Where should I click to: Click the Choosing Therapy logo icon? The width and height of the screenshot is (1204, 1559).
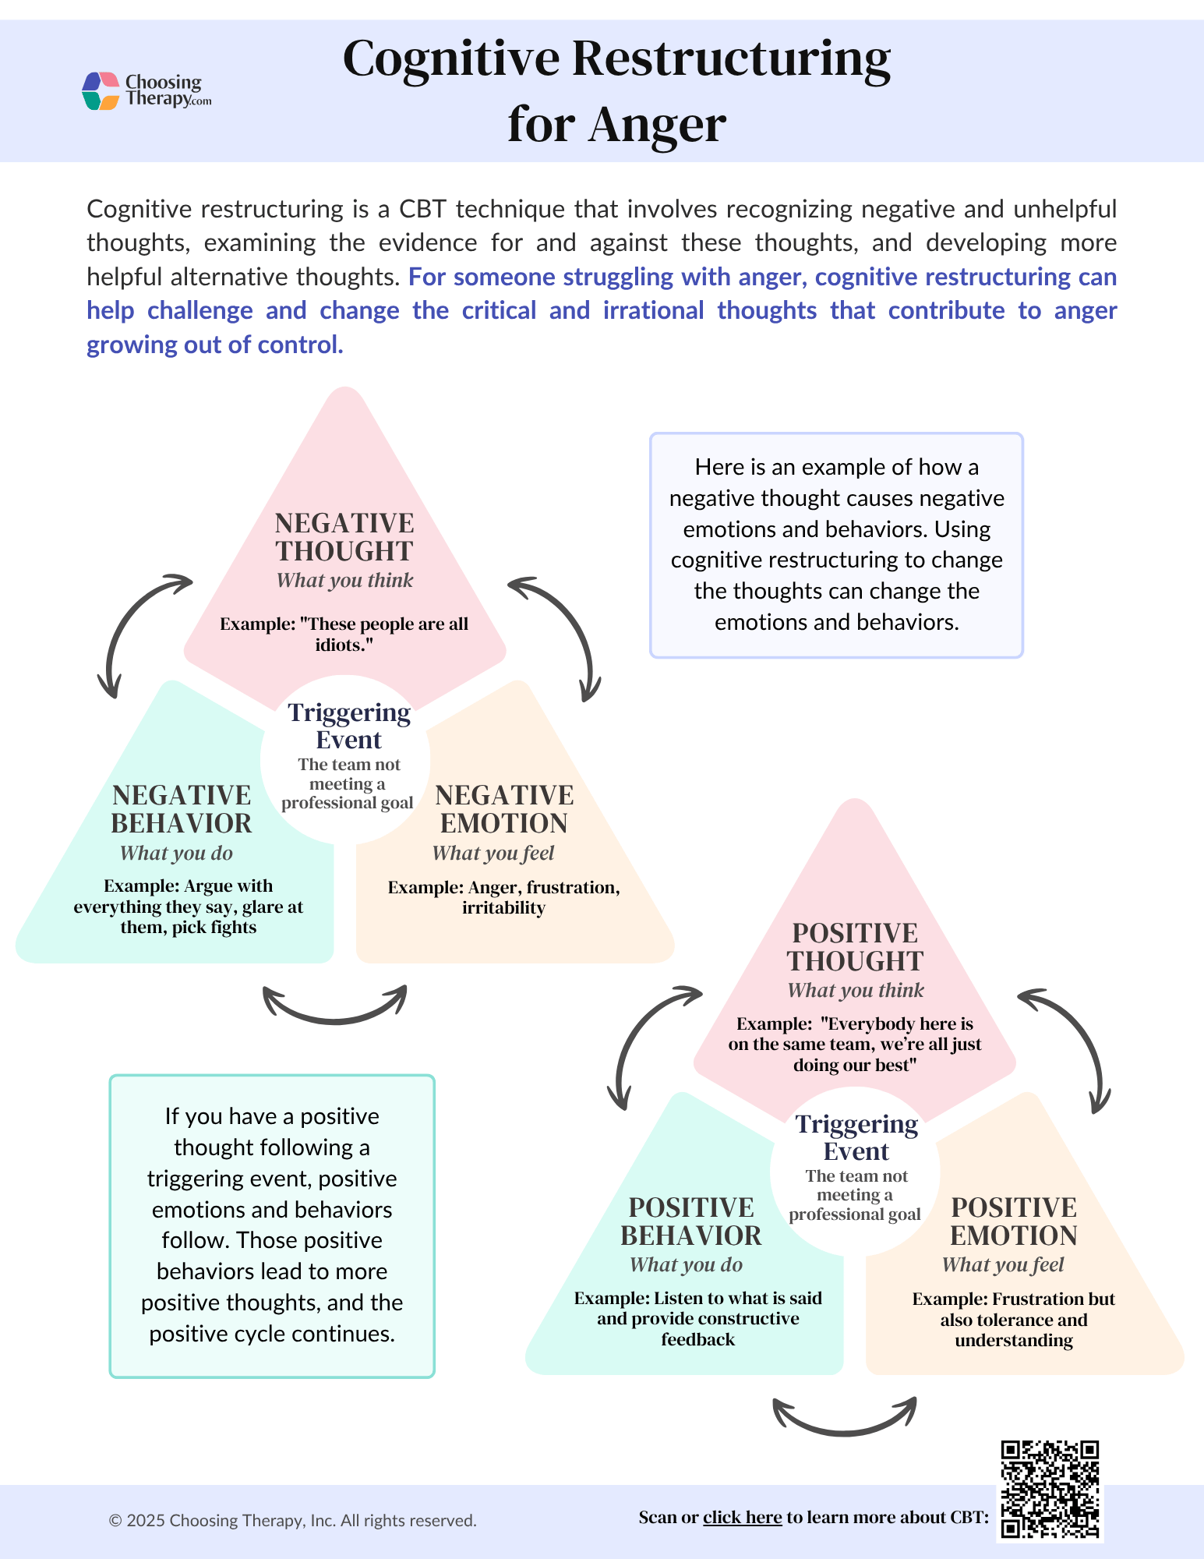click(101, 91)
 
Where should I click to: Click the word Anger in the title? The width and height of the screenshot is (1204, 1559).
click(657, 125)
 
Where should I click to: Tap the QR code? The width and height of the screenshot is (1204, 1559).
click(1050, 1489)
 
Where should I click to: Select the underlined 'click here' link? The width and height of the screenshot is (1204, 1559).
click(742, 1517)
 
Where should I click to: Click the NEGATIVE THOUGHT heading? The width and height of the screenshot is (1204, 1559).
click(344, 537)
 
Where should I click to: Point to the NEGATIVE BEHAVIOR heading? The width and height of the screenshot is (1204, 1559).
click(182, 809)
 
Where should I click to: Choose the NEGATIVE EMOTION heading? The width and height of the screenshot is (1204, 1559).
click(504, 809)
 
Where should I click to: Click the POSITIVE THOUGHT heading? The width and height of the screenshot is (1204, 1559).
click(855, 947)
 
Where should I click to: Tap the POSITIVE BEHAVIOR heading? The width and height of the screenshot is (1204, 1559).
click(691, 1221)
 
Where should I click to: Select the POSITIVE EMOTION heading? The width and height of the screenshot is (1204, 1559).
click(1014, 1221)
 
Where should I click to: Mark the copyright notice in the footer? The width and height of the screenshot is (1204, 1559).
click(292, 1521)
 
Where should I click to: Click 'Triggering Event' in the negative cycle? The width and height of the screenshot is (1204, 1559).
click(349, 726)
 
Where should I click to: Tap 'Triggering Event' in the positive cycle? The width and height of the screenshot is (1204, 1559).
click(856, 1137)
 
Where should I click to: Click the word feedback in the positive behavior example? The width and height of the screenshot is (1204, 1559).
click(697, 1339)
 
